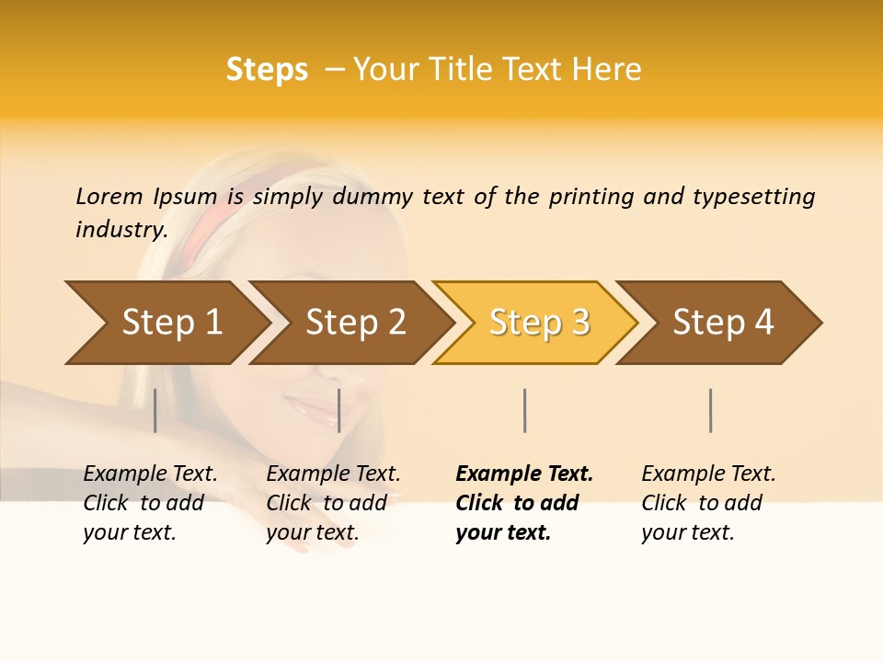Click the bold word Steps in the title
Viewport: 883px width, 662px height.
(267, 70)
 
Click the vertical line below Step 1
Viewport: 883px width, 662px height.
(155, 410)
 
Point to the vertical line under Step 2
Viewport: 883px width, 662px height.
(339, 410)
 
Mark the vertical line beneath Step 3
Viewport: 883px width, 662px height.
(524, 410)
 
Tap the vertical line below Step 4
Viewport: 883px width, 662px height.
(710, 410)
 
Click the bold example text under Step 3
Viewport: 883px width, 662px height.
(523, 503)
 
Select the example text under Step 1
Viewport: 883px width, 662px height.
(150, 503)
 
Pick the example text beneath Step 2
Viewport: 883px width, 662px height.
(333, 503)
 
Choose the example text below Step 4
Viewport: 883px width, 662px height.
(708, 503)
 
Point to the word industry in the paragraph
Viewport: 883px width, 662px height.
(121, 229)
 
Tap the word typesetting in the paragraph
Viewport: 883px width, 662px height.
(753, 197)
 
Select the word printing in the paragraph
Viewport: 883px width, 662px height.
(590, 197)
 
